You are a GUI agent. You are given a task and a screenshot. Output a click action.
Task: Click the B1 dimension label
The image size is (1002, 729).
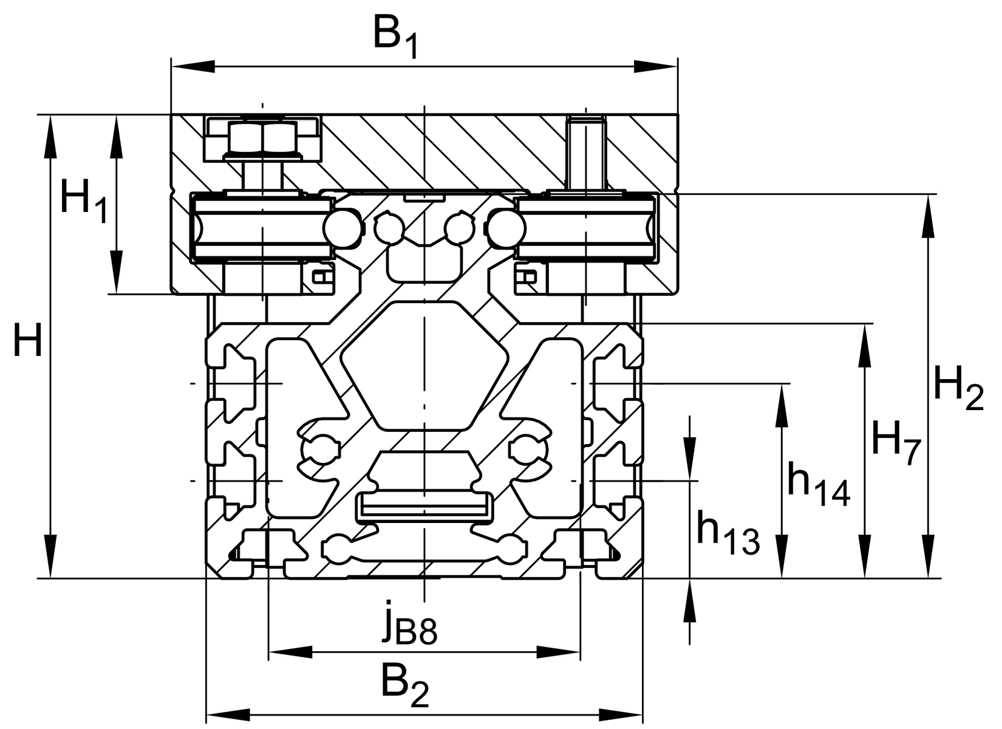click(x=395, y=38)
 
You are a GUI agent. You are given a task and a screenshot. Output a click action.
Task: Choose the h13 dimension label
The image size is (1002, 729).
click(x=727, y=532)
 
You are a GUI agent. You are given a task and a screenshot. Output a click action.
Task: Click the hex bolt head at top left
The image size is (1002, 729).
click(x=263, y=137)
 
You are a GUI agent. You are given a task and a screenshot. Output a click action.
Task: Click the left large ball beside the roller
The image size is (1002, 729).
click(x=341, y=229)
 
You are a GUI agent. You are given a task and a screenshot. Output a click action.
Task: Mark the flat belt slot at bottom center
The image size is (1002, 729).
click(x=424, y=505)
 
